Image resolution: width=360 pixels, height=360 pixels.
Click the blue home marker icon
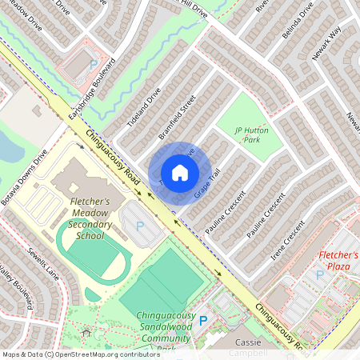180,173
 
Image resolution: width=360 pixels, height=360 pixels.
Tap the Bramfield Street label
177,118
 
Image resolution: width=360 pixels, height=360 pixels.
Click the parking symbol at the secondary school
141,226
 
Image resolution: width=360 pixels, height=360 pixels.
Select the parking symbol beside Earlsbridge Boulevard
93,64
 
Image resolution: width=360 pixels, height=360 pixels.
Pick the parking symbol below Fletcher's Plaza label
319,274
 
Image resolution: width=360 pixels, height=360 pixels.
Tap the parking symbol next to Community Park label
202,320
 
